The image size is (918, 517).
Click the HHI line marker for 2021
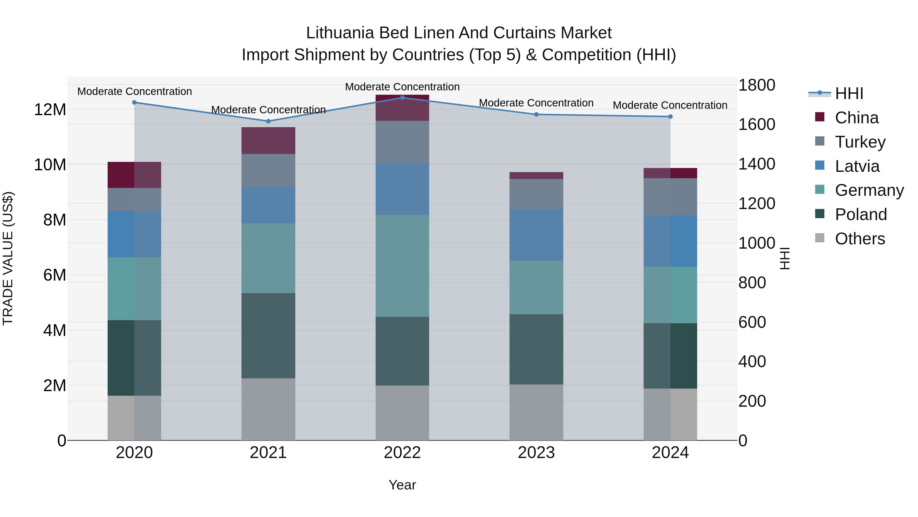coord(268,121)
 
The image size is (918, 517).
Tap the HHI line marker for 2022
coord(402,98)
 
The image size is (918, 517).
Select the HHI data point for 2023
coord(536,115)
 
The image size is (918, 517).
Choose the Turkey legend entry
coord(860,142)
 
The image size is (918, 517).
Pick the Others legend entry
coord(860,239)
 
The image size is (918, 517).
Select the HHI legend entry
coord(849,93)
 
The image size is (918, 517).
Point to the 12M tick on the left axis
coord(50,110)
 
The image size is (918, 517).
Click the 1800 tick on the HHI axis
coord(757,85)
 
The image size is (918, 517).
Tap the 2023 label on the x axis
coord(536,453)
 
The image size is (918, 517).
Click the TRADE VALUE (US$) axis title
coord(8,258)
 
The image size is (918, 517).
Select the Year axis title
coord(402,485)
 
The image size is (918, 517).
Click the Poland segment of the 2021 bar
coord(268,336)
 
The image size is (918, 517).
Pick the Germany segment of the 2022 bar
coord(402,266)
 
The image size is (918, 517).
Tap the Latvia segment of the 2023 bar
coord(536,235)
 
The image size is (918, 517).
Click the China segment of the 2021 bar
coord(268,141)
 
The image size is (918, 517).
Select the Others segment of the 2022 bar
coord(402,413)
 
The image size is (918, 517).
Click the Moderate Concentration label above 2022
coord(402,87)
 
